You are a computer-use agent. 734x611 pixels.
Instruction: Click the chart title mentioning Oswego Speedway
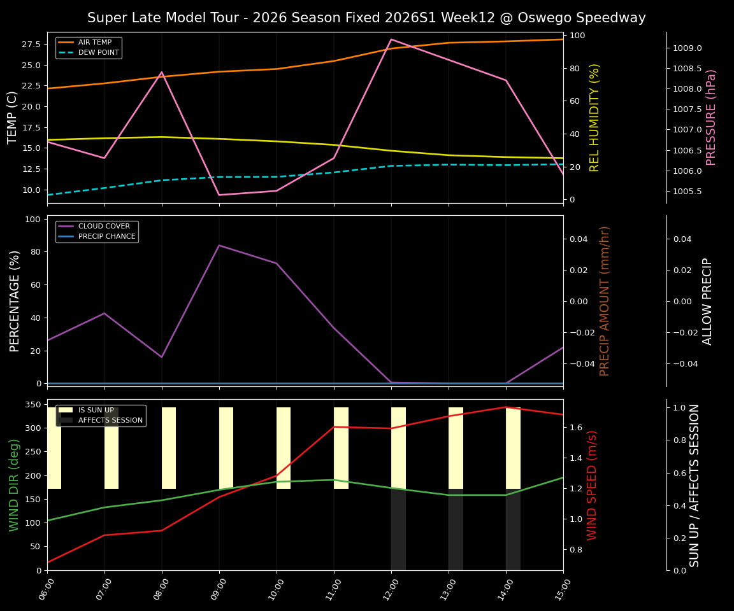pyautogui.click(x=366, y=18)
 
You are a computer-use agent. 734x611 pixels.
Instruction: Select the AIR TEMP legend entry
pyautogui.click(x=94, y=42)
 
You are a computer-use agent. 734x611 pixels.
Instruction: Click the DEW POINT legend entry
pyautogui.click(x=98, y=52)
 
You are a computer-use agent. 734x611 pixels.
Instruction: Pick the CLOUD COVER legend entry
pyautogui.click(x=104, y=226)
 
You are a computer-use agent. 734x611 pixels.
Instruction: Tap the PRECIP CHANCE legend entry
pyautogui.click(x=106, y=236)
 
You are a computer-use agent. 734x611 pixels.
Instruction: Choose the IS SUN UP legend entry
pyautogui.click(x=96, y=411)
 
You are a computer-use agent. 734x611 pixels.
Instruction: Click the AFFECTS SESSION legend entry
pyautogui.click(x=110, y=420)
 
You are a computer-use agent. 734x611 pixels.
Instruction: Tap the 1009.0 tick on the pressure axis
pyautogui.click(x=687, y=48)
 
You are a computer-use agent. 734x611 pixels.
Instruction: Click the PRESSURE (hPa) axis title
pyautogui.click(x=712, y=117)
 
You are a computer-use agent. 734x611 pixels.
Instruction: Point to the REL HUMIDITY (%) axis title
pyautogui.click(x=595, y=117)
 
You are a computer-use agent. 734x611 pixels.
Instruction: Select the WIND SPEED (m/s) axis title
pyautogui.click(x=593, y=485)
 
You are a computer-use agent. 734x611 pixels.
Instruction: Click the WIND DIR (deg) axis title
pyautogui.click(x=14, y=485)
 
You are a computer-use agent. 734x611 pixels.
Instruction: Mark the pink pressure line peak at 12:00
pyautogui.click(x=391, y=39)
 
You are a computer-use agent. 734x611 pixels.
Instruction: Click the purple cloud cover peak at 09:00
pyautogui.click(x=219, y=245)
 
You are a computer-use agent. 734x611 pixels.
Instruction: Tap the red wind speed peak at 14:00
pyautogui.click(x=506, y=407)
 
